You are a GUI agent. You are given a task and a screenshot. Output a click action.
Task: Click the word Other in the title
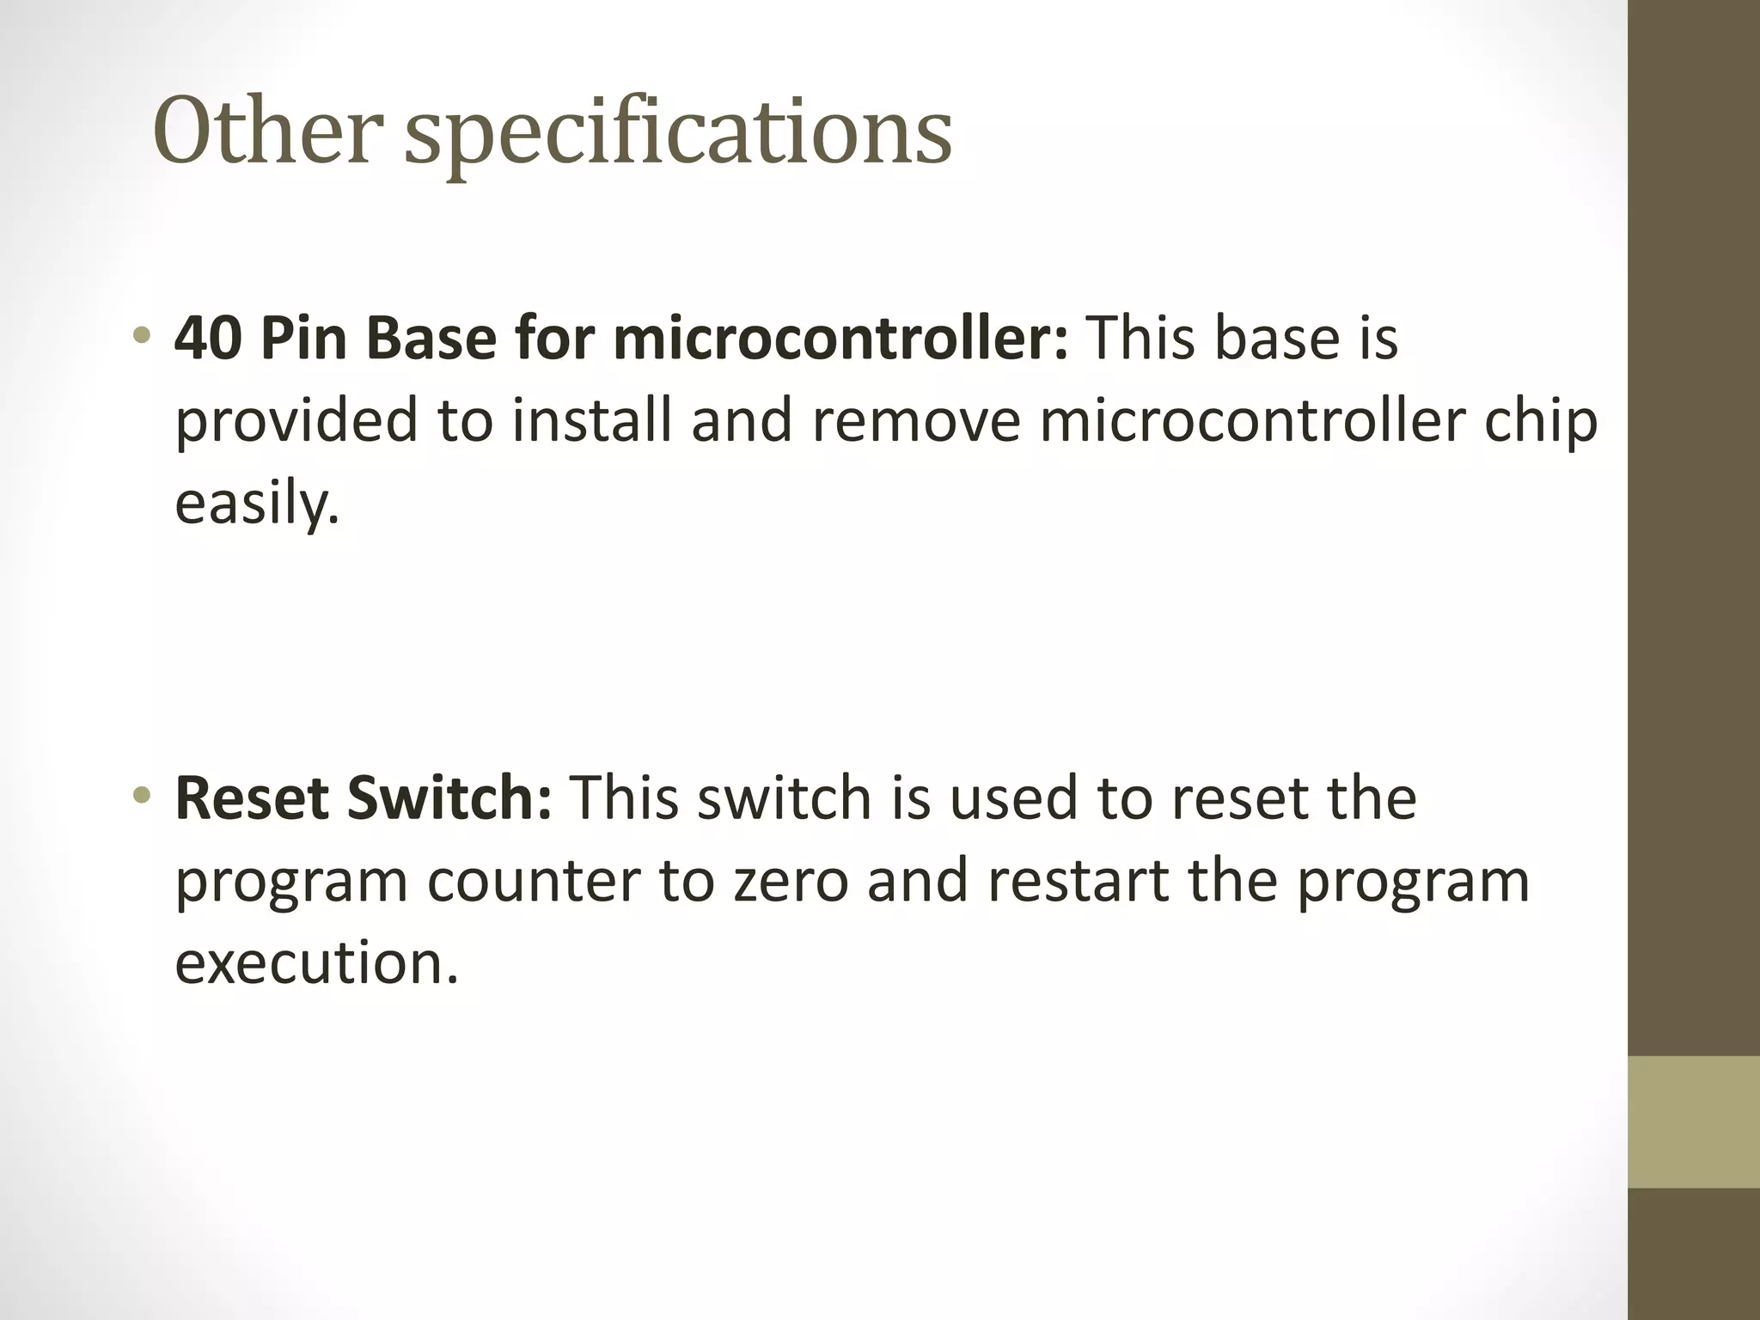tap(267, 131)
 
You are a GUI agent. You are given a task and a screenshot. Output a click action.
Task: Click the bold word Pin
tap(303, 338)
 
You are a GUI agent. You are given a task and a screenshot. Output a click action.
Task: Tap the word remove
tap(916, 422)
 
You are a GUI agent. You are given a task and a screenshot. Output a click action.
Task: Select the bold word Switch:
tap(449, 798)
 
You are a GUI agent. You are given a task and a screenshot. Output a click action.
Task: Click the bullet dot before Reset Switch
tap(143, 796)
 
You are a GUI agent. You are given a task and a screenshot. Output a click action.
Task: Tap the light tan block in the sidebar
tap(1694, 1121)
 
